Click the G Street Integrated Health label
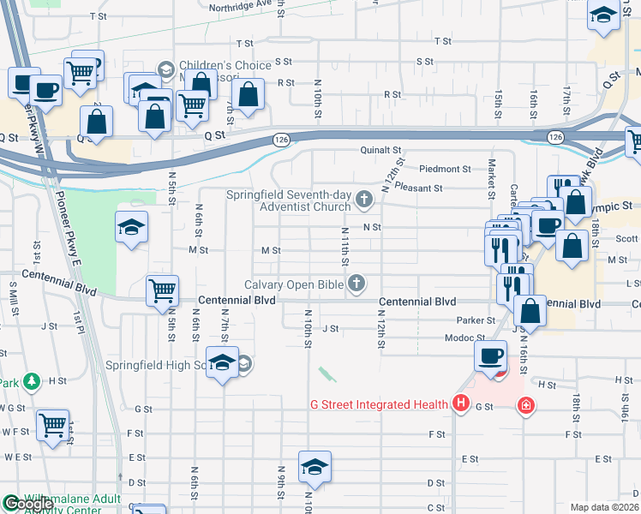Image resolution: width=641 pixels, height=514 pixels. click(379, 404)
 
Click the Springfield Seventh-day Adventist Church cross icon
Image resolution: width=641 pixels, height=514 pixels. click(364, 200)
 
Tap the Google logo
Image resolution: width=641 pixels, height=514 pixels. click(27, 505)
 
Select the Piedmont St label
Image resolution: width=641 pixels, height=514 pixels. click(445, 169)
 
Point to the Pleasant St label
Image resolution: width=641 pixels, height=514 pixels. click(418, 188)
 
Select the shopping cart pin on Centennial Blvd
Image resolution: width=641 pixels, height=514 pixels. click(162, 291)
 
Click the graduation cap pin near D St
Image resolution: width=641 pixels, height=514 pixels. click(315, 467)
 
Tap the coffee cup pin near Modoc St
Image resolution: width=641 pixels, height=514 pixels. click(491, 356)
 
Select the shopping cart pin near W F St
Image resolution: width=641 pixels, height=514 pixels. click(53, 423)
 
